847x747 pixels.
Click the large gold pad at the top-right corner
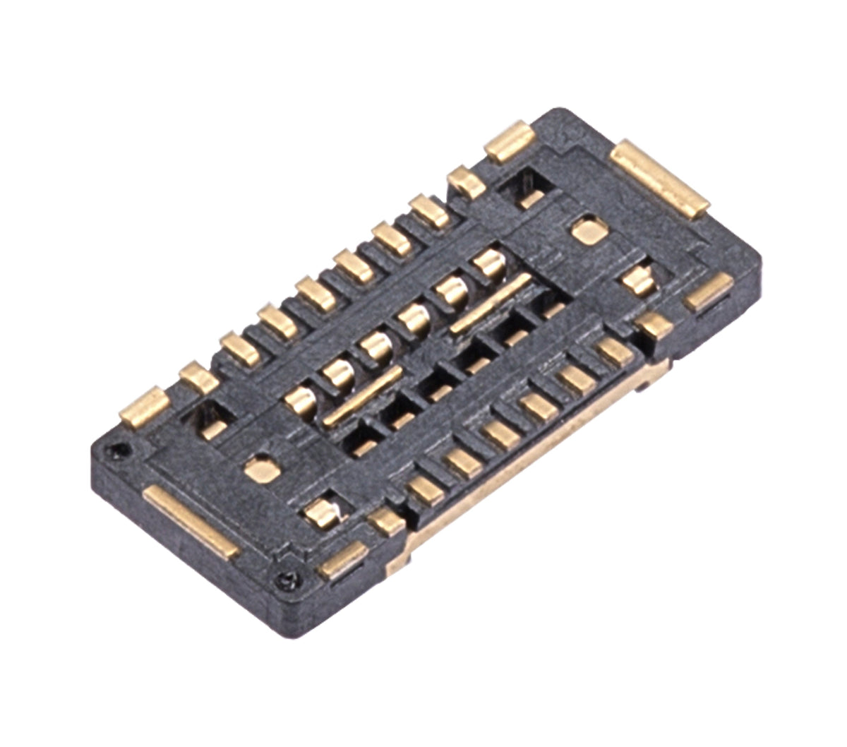[x=660, y=177]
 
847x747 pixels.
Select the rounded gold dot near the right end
[x=586, y=232]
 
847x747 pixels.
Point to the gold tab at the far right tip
[x=710, y=291]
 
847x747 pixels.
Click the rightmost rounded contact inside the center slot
[x=488, y=264]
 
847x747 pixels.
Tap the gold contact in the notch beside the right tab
[x=639, y=280]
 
